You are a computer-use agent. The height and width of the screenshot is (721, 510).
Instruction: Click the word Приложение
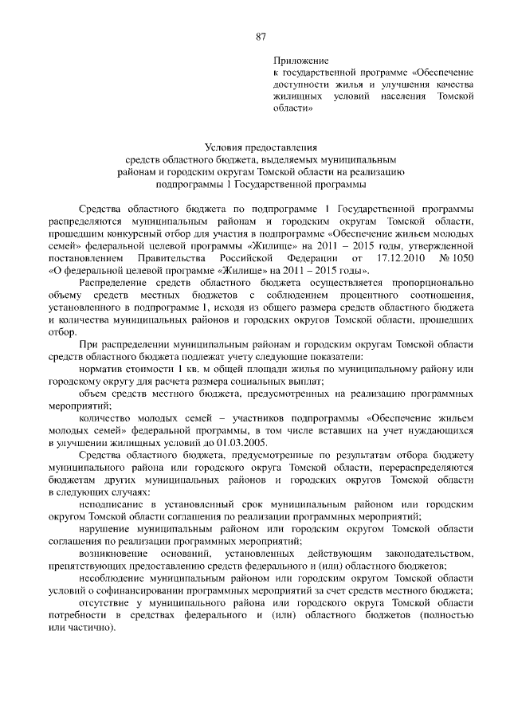tap(300, 61)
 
